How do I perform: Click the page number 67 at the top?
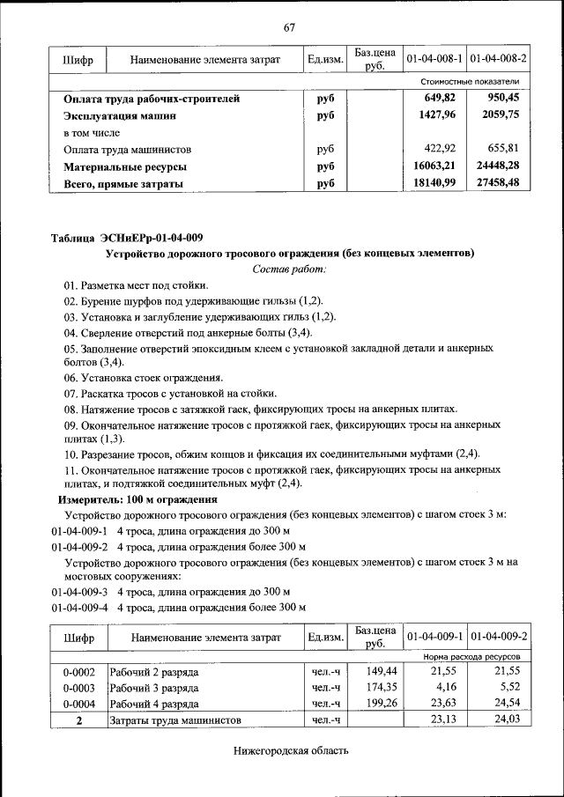[x=288, y=26]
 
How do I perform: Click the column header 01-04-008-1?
[x=434, y=59]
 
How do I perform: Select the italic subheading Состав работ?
[x=289, y=269]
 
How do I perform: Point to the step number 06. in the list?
[x=72, y=378]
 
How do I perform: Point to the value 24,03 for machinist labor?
[x=509, y=720]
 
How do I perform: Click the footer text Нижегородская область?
[x=291, y=751]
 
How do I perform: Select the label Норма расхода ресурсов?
[x=471, y=657]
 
